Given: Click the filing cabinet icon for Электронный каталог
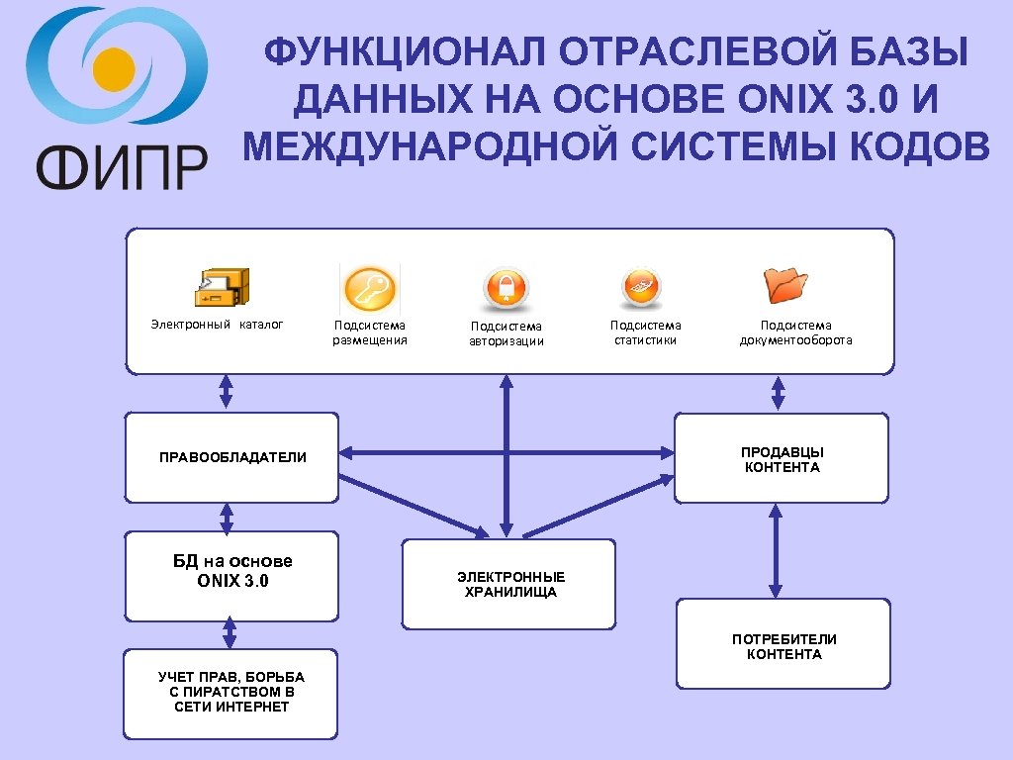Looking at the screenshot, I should coord(222,288).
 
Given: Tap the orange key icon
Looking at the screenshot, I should coord(369,289).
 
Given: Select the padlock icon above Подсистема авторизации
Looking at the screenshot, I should coord(506,289).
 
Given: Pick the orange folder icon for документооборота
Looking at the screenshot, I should coord(785,286).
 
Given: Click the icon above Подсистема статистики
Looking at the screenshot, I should coord(643,288).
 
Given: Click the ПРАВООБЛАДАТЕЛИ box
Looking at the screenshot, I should coord(231,457).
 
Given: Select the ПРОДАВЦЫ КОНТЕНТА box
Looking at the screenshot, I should coord(782,459).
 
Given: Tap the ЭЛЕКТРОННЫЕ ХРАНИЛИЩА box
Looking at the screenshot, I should coord(509,584).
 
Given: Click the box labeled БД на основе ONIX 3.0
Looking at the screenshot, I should coord(231,574).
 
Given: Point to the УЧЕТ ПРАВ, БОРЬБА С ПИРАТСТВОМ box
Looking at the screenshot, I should coord(230,693).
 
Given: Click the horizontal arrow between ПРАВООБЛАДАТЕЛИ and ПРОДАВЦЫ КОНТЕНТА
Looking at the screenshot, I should coord(506,453).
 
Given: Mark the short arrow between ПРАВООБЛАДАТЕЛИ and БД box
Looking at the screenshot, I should coord(227,518).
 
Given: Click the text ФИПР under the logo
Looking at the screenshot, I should coord(122,165).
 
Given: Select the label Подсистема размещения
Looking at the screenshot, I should coord(369,332).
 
